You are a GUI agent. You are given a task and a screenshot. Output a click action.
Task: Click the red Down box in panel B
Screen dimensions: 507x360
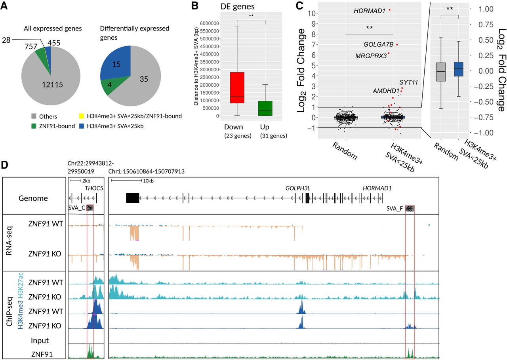click(x=237, y=88)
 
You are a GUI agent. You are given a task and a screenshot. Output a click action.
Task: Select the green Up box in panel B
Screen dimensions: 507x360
click(x=265, y=109)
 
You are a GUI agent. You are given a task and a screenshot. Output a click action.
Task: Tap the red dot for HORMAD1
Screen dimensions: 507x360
click(x=389, y=10)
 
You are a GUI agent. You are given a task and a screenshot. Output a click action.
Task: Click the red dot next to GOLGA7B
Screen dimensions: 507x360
click(x=397, y=45)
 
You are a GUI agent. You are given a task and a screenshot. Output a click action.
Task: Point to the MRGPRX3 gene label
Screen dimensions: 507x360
click(x=371, y=56)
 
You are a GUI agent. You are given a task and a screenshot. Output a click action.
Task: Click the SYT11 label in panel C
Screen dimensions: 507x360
click(x=408, y=82)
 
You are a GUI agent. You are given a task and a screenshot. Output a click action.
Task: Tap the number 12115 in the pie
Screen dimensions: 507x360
click(x=52, y=85)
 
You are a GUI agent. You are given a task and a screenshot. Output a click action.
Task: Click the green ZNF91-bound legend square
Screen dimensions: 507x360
click(x=34, y=126)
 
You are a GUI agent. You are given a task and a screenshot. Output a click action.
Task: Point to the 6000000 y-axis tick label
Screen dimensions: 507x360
click(x=210, y=23)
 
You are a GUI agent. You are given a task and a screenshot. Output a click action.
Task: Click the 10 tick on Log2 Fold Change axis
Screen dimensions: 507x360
click(x=312, y=13)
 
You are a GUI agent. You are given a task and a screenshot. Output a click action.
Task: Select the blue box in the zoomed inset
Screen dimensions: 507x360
click(x=459, y=69)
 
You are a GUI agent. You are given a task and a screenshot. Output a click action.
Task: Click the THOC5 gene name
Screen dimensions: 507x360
click(x=94, y=188)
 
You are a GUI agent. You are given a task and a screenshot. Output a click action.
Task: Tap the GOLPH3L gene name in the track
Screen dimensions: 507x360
click(x=297, y=188)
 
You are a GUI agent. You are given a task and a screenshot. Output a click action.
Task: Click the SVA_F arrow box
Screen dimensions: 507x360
click(x=410, y=208)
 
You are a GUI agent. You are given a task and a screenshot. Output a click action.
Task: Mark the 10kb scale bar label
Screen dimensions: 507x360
click(x=148, y=181)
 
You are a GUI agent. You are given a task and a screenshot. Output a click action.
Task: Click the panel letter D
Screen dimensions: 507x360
click(x=4, y=165)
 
